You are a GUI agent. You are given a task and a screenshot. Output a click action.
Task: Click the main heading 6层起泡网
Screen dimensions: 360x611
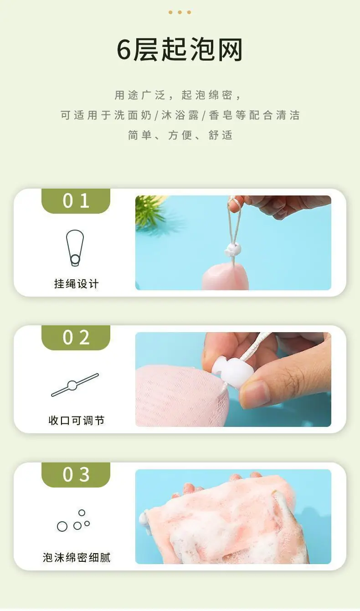tap(180, 50)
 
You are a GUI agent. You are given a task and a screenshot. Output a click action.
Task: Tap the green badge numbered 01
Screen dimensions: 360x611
tap(76, 201)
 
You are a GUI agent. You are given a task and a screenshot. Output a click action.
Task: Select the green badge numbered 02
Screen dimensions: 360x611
tap(76, 338)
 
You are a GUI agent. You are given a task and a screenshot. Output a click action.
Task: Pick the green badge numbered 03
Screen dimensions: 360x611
tap(76, 475)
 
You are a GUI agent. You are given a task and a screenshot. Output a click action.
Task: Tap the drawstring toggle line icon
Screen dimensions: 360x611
tap(75, 385)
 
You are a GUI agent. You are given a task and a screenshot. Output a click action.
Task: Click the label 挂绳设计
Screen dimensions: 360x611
tap(77, 284)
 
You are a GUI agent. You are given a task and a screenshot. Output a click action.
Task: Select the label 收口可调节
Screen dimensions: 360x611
tap(77, 421)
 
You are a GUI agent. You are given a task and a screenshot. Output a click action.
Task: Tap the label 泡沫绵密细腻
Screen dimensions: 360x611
tap(77, 558)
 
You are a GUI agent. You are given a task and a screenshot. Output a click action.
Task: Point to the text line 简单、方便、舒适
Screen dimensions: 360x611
tap(180, 135)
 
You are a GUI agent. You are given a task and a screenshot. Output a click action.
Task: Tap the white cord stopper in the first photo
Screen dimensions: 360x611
tap(232, 250)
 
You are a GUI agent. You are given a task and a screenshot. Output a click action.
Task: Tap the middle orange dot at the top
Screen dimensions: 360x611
tap(180, 12)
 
